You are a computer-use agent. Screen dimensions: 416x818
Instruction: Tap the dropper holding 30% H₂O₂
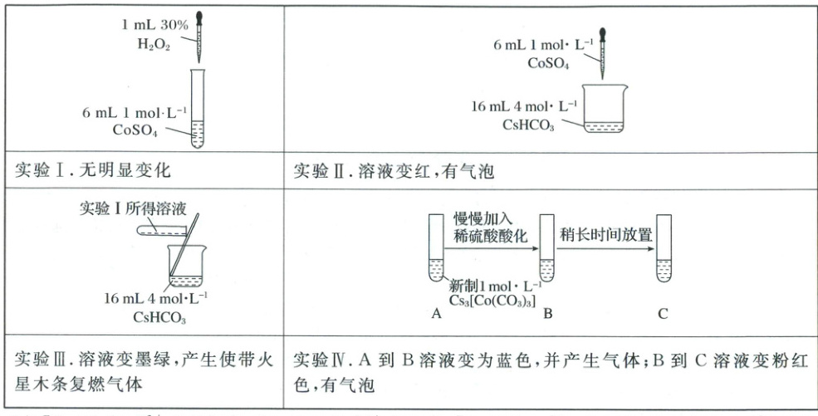[x=198, y=33]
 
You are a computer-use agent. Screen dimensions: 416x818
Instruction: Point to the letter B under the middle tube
[x=548, y=314]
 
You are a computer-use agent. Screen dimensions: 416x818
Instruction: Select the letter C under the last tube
[x=662, y=314]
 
